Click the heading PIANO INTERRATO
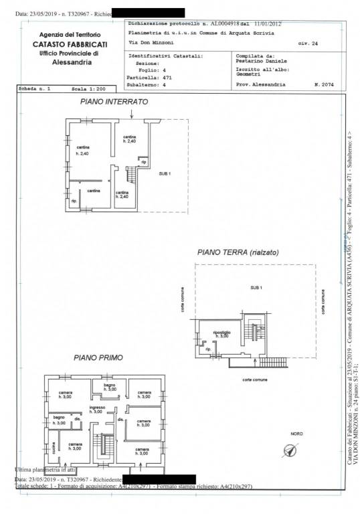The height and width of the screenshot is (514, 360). point(114,102)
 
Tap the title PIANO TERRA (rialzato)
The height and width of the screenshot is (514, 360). point(238,252)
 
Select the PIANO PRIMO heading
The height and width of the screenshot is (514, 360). point(98,358)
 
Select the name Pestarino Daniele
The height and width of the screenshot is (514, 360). point(263,62)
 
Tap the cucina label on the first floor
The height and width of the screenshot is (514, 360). point(51,444)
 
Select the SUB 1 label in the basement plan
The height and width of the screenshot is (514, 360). point(165,173)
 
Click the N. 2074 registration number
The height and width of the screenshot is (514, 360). point(326,86)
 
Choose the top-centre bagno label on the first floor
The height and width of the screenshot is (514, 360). point(108,387)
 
